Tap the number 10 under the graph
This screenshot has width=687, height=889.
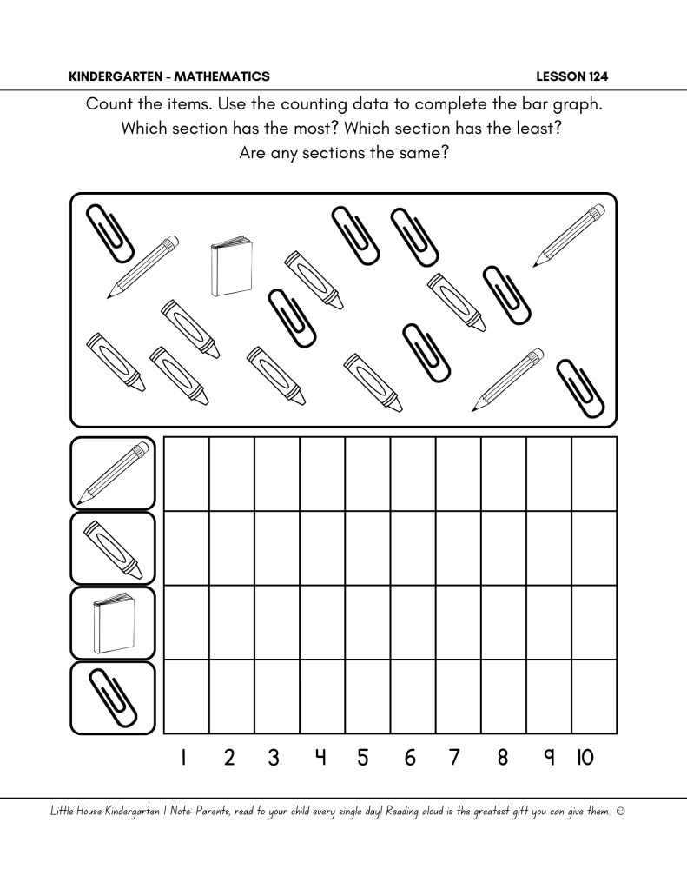585,758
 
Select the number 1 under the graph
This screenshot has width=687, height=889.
184,758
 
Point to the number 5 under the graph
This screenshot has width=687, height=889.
364,758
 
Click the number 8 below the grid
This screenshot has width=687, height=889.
503,758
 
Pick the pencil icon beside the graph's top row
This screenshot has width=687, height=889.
113,474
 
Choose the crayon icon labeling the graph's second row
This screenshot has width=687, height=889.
113,548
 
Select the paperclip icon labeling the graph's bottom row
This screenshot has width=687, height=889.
113,697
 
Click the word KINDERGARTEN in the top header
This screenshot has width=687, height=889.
115,76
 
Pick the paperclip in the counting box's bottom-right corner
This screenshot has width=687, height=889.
579,387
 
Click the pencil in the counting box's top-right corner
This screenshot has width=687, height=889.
569,236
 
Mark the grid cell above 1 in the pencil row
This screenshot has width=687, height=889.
186,474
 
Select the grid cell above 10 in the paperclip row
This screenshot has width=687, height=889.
594,697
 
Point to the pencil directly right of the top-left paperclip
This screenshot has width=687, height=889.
143,267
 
